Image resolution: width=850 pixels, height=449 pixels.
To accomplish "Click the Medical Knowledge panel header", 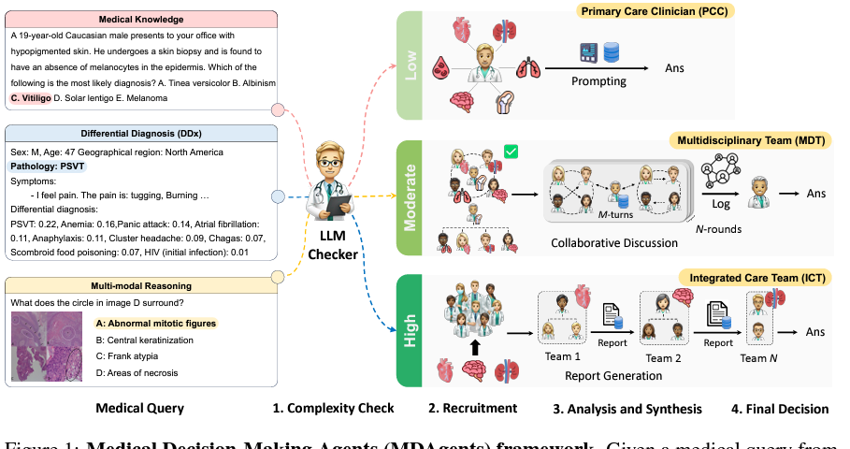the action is click(141, 20).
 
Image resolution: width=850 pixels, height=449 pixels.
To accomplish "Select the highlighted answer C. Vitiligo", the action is click(30, 98).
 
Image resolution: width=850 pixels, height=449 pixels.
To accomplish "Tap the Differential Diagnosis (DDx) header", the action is click(141, 134).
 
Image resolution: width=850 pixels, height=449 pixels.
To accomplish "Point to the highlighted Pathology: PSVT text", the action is click(47, 167).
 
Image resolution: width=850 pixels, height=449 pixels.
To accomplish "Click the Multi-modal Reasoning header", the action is click(141, 286).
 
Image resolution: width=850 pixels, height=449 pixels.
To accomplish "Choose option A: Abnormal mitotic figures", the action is click(155, 324).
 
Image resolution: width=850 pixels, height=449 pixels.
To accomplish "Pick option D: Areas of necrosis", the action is click(137, 373).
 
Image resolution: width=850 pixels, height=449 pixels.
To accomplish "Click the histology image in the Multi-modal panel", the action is click(47, 346).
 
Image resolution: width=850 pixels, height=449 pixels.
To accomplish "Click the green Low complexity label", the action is click(410, 65).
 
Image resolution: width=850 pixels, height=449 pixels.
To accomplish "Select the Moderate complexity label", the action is click(410, 198).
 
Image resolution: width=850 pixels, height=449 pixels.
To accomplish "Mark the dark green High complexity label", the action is click(410, 331).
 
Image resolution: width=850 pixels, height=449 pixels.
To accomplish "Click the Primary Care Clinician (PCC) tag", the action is click(655, 11).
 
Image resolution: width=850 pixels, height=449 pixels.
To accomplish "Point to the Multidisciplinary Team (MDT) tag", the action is click(751, 141).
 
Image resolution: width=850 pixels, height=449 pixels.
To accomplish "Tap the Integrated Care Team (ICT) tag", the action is click(756, 278).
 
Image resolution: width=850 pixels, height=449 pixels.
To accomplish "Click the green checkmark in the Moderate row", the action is click(511, 152).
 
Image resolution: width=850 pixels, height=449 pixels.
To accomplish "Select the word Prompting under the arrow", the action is click(598, 81).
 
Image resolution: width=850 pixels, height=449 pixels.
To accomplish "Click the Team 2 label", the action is click(663, 358).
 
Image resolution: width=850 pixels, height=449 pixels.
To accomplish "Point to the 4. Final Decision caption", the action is click(780, 409).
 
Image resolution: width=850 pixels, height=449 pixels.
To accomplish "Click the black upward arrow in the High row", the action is click(475, 348).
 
